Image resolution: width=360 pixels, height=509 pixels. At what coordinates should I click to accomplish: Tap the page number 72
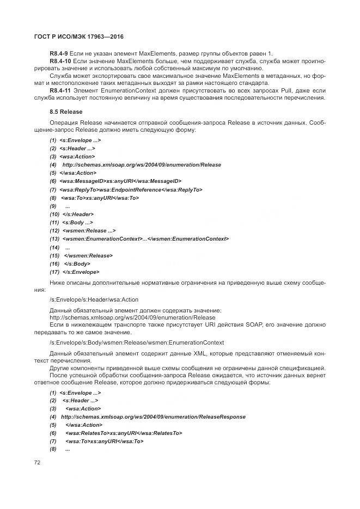38,462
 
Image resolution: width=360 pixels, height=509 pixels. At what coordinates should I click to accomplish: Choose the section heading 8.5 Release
66,112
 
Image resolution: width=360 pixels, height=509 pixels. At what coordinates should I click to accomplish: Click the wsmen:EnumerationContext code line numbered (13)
145,239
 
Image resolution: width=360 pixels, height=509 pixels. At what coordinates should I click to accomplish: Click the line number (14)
54,247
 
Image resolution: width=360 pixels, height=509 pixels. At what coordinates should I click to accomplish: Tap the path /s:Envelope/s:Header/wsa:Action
94,299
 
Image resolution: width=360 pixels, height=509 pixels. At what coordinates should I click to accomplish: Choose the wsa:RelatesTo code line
124,433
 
